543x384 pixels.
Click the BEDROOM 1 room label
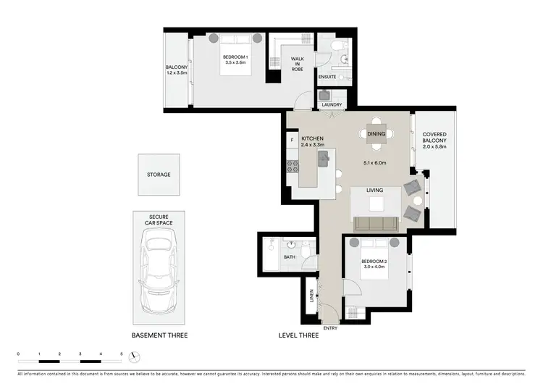point(235,57)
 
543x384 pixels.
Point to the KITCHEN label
point(312,138)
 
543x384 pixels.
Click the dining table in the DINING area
point(376,133)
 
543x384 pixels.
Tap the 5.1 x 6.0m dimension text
point(375,162)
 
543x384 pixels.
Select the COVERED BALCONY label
point(434,138)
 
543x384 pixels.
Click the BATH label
point(290,257)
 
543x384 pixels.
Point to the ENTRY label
point(329,327)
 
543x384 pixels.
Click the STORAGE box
point(158,175)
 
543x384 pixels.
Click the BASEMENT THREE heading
point(159,336)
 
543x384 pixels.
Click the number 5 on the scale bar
point(122,353)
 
